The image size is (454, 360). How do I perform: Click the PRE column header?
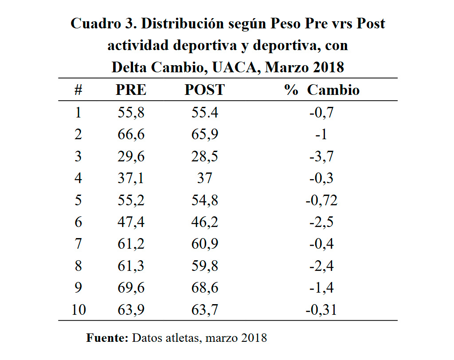131,90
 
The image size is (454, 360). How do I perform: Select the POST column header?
204,90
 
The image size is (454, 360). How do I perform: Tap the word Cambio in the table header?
333,90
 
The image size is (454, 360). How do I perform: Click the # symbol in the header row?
78,90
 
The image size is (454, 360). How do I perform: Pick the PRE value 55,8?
131,113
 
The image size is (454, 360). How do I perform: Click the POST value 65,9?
204,134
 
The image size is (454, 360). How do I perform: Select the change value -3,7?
321,157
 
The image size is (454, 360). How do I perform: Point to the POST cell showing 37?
204,178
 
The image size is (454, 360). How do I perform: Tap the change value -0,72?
321,200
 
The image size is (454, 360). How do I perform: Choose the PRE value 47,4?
131,222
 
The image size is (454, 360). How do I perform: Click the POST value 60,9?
204,244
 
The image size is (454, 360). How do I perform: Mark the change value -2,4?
321,266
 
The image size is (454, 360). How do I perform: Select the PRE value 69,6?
131,288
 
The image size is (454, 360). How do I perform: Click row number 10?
78,310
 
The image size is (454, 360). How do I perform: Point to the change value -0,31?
321,310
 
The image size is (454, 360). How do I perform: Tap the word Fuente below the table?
106,338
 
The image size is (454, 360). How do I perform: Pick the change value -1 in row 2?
321,134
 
